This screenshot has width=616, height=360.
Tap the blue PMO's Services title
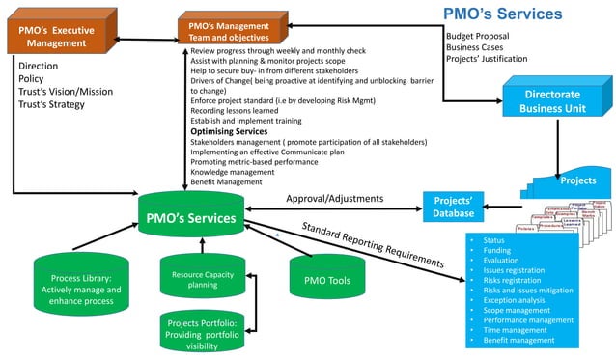tap(502, 14)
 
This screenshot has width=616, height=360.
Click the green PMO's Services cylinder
tap(189, 218)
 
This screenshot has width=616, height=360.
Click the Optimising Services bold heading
tap(230, 131)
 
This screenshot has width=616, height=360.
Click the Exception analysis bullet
tap(513, 299)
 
